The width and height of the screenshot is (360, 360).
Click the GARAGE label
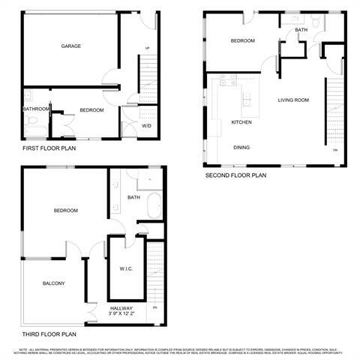pyautogui.click(x=71, y=46)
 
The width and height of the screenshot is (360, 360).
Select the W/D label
pyautogui.click(x=146, y=125)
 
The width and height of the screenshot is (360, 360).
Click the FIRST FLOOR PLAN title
pyautogui.click(x=49, y=148)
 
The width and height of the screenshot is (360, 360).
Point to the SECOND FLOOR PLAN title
pyautogui.click(x=235, y=175)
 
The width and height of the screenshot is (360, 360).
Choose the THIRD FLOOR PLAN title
pyautogui.click(x=49, y=334)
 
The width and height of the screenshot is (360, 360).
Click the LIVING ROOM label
pyautogui.click(x=294, y=99)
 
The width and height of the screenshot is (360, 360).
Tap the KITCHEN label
pyautogui.click(x=241, y=121)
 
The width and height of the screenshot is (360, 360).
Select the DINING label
pyautogui.click(x=241, y=147)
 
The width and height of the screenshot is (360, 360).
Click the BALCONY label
pyautogui.click(x=53, y=283)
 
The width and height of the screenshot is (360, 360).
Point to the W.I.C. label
pyautogui.click(x=126, y=268)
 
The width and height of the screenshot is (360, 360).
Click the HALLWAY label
pyautogui.click(x=121, y=307)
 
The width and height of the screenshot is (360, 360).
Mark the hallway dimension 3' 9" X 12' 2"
pyautogui.click(x=122, y=314)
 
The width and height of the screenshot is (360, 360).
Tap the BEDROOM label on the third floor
pyautogui.click(x=65, y=211)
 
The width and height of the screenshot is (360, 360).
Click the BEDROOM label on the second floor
pyautogui.click(x=242, y=40)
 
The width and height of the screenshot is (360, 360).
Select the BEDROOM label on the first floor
pyautogui.click(x=91, y=110)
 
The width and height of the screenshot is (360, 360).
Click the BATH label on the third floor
pyautogui.click(x=133, y=198)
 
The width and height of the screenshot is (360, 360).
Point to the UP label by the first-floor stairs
pyautogui.click(x=147, y=49)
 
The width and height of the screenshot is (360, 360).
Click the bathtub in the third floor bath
pyautogui.click(x=153, y=204)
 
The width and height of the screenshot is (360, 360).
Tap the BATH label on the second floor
pyautogui.click(x=301, y=30)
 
